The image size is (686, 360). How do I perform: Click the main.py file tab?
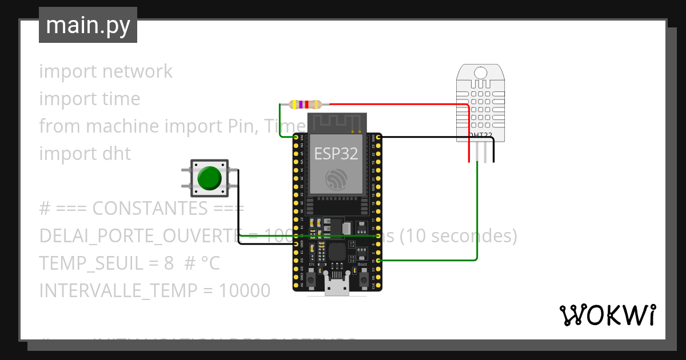point(88,25)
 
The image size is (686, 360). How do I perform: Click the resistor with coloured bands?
point(306,105)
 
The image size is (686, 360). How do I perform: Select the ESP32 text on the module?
point(336,154)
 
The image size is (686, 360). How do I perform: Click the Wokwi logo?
point(607,315)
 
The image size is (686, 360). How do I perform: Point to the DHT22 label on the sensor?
point(480,135)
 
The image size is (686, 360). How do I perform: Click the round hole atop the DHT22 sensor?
point(480,73)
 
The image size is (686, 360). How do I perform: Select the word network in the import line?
point(137,71)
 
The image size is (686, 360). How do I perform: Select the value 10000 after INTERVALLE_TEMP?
point(245,291)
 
